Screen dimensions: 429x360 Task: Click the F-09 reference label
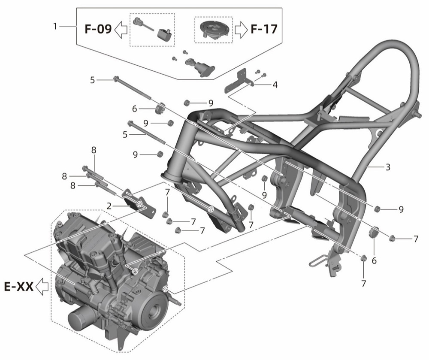coord(98,29)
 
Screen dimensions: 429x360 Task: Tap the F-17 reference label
coord(264,29)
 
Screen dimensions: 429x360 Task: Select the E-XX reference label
coord(19,287)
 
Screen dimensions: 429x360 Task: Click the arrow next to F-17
coord(241,30)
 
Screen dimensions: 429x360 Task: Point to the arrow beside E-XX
coord(42,287)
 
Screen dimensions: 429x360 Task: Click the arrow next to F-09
coord(121,30)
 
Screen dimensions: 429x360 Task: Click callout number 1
coord(55,27)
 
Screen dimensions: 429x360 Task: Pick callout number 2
coord(109,206)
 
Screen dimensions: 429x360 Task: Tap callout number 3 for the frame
coord(388,167)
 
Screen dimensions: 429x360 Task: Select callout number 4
coord(275,85)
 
